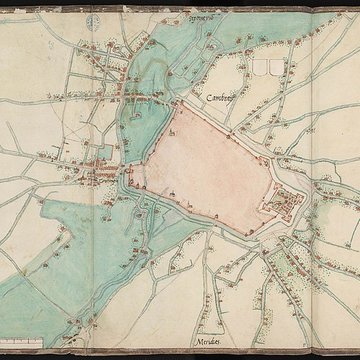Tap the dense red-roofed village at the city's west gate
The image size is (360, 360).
(x=100, y=175)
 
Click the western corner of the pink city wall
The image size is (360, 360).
(x=130, y=180)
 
